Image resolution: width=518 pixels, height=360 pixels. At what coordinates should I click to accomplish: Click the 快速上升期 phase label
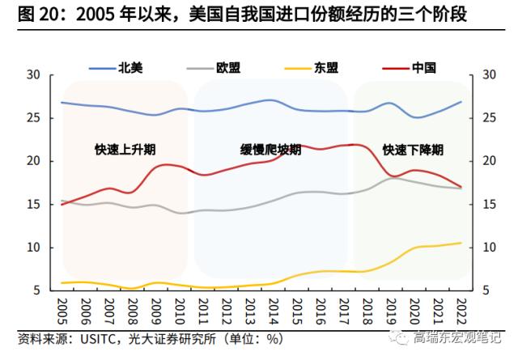click(x=125, y=150)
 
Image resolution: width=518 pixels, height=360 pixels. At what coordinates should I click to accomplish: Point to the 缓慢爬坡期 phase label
click(x=271, y=150)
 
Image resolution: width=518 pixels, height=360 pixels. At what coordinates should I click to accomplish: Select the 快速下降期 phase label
click(x=413, y=150)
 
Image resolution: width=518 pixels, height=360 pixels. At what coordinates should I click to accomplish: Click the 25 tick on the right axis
click(x=488, y=118)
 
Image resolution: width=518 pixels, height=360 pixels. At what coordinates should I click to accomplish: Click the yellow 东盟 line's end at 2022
click(x=461, y=243)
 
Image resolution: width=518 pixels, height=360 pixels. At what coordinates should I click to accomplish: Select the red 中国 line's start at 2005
click(x=62, y=204)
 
